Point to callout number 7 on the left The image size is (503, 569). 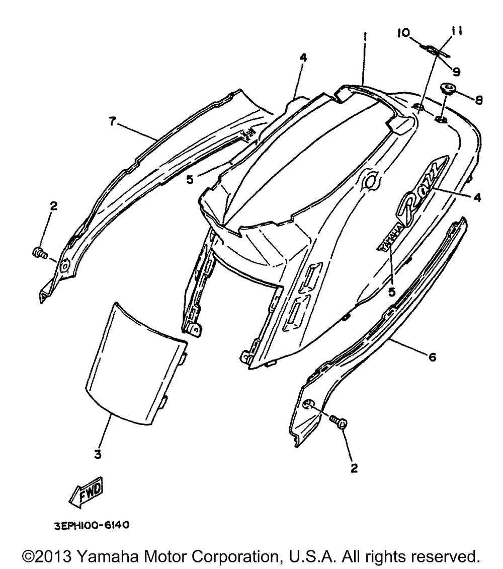113,121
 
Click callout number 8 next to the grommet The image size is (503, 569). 478,100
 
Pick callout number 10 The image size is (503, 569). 403,33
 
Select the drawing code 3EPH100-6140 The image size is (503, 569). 92,525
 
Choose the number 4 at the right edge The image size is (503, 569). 476,198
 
